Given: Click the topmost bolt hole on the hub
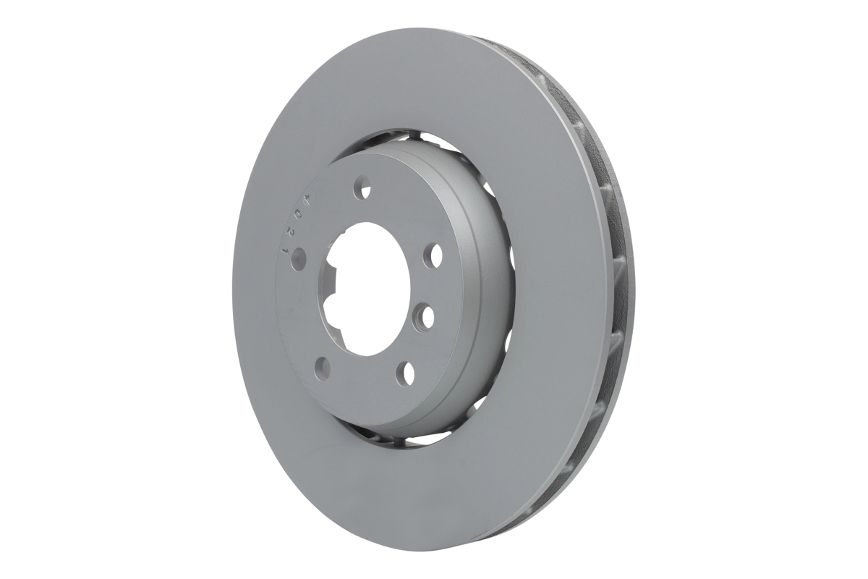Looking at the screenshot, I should coord(362,188).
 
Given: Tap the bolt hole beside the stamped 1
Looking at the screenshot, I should coord(298,258).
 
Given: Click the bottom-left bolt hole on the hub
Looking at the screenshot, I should coord(323,367).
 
